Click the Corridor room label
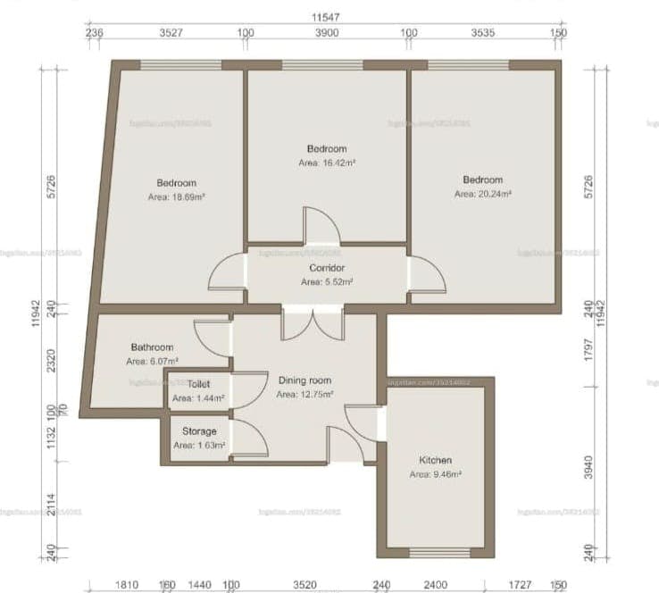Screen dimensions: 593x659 click(x=327, y=268)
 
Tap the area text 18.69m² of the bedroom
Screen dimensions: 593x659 click(x=177, y=196)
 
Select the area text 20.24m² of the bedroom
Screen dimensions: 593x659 click(x=482, y=193)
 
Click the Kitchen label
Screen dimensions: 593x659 click(x=435, y=460)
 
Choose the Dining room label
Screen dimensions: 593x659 click(x=304, y=380)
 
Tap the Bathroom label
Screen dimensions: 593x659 click(x=152, y=347)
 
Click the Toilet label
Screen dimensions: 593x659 click(x=198, y=384)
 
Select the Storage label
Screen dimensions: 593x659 click(x=199, y=431)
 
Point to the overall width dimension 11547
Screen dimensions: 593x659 click(x=326, y=17)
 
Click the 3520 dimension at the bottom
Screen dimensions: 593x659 click(x=305, y=585)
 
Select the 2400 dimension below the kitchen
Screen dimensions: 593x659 click(x=436, y=585)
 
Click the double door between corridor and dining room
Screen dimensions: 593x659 click(x=312, y=323)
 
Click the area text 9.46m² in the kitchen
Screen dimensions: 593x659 click(x=435, y=474)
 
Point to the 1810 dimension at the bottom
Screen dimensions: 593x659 click(x=127, y=585)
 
